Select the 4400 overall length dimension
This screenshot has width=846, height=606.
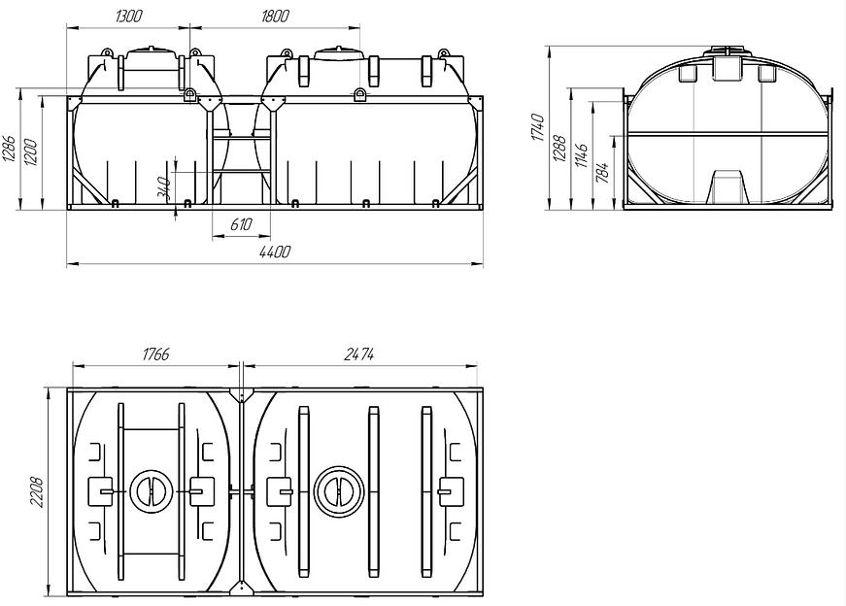(275, 252)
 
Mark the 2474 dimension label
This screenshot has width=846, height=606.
(360, 355)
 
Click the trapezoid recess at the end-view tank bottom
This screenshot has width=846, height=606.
(728, 186)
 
